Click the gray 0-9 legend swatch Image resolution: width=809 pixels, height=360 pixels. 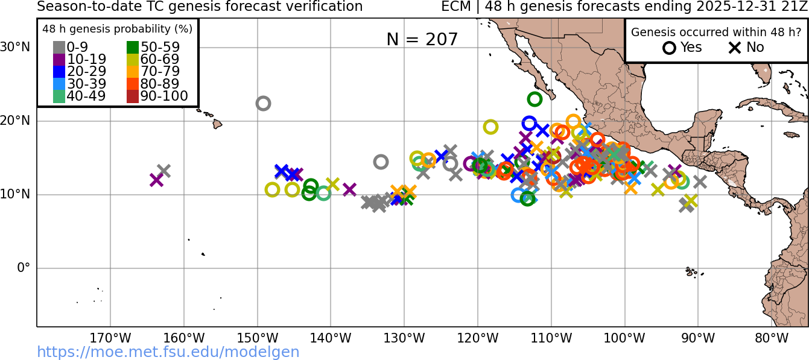pyautogui.click(x=59, y=48)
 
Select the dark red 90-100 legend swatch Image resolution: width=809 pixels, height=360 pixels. pyautogui.click(x=133, y=96)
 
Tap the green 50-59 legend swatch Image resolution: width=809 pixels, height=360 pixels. pyautogui.click(x=133, y=48)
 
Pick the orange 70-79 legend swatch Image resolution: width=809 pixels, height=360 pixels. pyautogui.click(x=133, y=72)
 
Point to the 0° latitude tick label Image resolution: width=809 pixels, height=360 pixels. pyautogui.click(x=23, y=268)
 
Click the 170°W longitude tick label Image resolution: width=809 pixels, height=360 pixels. pyautogui.click(x=110, y=338)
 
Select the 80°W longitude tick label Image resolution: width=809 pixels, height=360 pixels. pyautogui.click(x=772, y=338)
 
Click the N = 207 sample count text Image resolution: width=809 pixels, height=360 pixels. pyautogui.click(x=422, y=40)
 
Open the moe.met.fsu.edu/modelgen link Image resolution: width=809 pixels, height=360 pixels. pyautogui.click(x=168, y=352)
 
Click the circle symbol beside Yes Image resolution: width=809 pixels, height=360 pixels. pyautogui.click(x=669, y=48)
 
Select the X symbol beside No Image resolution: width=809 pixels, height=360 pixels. pyautogui.click(x=734, y=48)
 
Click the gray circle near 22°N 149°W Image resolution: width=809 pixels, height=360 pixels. pyautogui.click(x=263, y=103)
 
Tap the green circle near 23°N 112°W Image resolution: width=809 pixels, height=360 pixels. pyautogui.click(x=535, y=99)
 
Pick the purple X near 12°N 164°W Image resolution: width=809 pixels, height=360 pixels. pyautogui.click(x=156, y=180)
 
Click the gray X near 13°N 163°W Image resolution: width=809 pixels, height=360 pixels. pyautogui.click(x=163, y=171)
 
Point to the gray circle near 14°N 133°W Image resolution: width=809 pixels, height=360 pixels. pyautogui.click(x=381, y=162)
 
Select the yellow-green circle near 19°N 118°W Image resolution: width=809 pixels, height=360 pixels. pyautogui.click(x=490, y=127)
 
